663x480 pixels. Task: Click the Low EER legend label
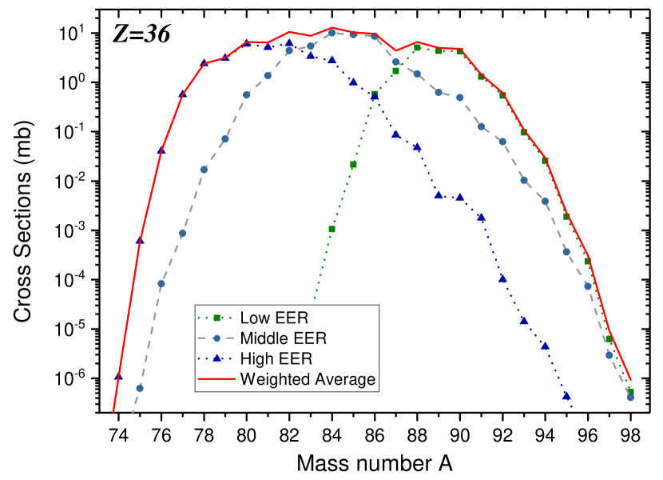coord(274,318)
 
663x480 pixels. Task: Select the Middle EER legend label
coord(284,338)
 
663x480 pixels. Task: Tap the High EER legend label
coord(276,359)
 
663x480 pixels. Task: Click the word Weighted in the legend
coord(276,379)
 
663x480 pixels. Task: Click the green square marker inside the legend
coord(216,318)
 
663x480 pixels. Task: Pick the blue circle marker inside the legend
coord(216,338)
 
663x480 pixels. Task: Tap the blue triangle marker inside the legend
coord(216,358)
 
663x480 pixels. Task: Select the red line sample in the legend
coord(216,379)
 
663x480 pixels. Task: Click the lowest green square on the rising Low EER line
coord(331,230)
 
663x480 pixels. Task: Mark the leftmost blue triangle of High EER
coord(118,375)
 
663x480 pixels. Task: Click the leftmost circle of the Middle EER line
coord(140,388)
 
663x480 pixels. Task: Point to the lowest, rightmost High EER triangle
coord(566,394)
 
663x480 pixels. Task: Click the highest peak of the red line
coord(332,28)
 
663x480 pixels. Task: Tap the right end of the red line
coord(631,381)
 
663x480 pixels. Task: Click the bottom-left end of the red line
coord(113,413)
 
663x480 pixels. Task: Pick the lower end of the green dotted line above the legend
coord(315,301)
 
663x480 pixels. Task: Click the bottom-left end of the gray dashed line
coord(132,414)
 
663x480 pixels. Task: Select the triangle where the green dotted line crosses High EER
coord(375,97)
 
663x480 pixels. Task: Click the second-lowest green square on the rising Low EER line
coord(353,164)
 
